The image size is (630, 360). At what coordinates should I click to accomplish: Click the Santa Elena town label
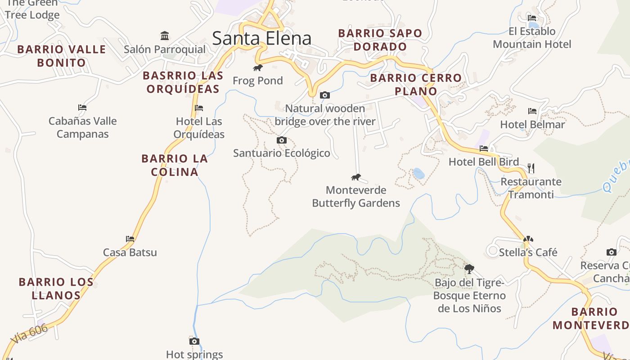click(261, 38)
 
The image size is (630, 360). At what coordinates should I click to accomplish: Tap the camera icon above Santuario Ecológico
click(282, 140)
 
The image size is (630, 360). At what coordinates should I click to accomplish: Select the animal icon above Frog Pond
click(257, 68)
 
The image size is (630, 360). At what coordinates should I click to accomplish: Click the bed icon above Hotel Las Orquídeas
click(199, 108)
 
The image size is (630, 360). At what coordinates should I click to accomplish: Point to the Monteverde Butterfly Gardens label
click(356, 197)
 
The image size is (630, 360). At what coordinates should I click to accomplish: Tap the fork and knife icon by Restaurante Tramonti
click(531, 168)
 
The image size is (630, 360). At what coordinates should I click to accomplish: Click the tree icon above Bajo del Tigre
click(469, 269)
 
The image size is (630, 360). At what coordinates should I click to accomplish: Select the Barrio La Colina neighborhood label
click(175, 165)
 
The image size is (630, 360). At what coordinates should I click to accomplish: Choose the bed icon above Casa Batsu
click(130, 239)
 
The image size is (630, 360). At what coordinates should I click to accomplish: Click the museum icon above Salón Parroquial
click(165, 36)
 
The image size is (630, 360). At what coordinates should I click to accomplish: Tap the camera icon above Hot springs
click(194, 342)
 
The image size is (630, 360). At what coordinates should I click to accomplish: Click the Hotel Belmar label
click(532, 125)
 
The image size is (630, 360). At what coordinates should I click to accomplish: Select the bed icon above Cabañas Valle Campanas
click(82, 108)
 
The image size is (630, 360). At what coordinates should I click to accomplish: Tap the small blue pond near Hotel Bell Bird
click(418, 173)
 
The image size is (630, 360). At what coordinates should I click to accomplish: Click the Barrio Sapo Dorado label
click(380, 40)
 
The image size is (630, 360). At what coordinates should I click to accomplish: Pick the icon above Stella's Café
click(528, 239)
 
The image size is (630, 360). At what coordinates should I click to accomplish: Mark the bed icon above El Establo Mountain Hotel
click(532, 18)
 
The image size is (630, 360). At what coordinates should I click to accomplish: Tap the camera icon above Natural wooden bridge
click(324, 95)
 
